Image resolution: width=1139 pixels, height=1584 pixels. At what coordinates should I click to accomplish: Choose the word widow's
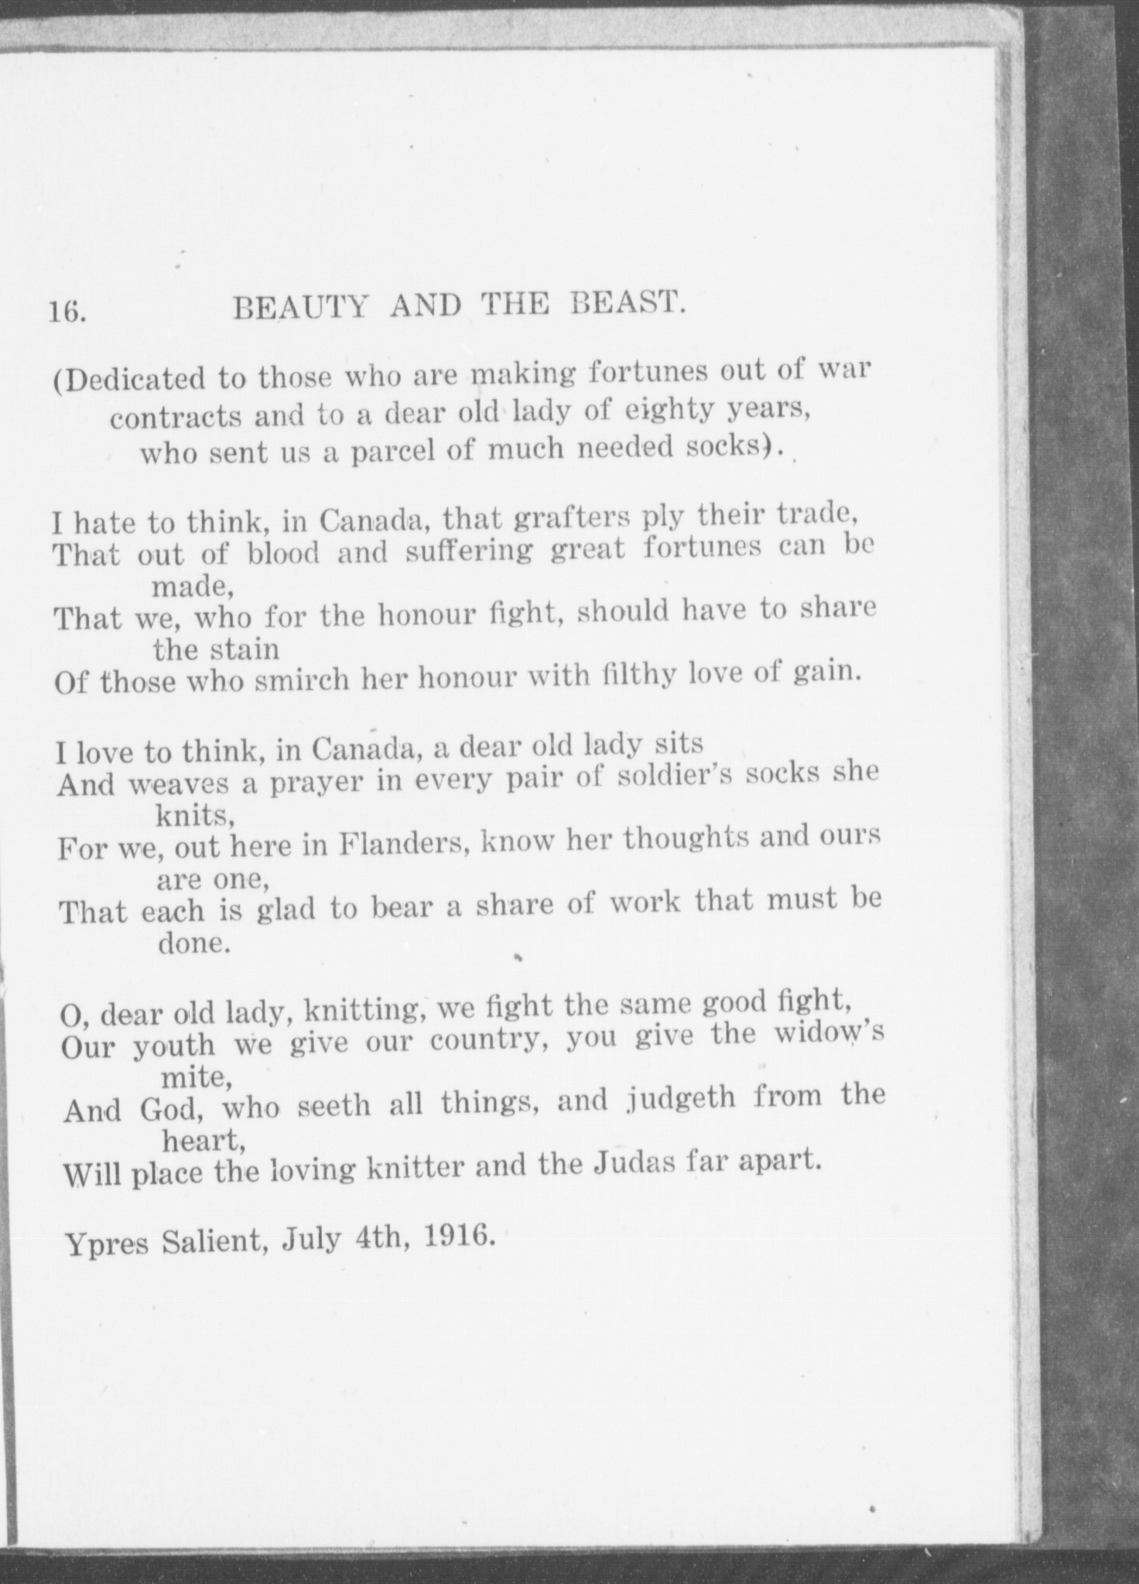point(829,1035)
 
